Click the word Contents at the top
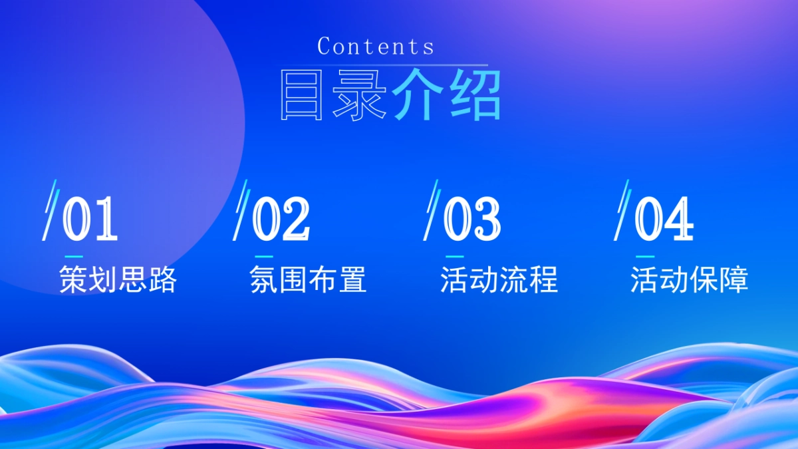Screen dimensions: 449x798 click(x=376, y=47)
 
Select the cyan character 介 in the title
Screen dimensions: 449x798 click(x=418, y=95)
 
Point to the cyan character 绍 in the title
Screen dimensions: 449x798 click(x=473, y=95)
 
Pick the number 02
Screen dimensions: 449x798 click(x=281, y=219)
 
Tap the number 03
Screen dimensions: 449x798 click(x=471, y=219)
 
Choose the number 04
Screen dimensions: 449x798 click(x=663, y=219)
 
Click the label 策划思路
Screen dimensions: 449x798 click(x=118, y=280)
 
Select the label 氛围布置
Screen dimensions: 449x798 click(x=308, y=280)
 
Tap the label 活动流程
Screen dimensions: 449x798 click(x=499, y=280)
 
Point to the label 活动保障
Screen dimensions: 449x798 click(x=690, y=280)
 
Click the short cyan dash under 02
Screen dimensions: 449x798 click(x=264, y=256)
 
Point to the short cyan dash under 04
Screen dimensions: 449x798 click(x=645, y=256)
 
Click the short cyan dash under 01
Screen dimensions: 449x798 click(x=73, y=256)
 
